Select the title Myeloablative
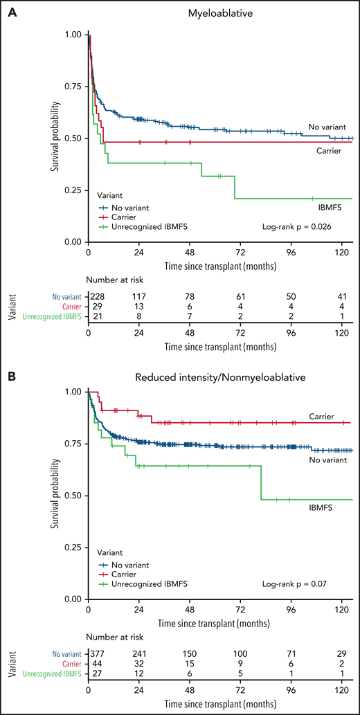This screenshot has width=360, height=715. (219, 11)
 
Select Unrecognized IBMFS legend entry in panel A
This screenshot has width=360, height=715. (143, 226)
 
